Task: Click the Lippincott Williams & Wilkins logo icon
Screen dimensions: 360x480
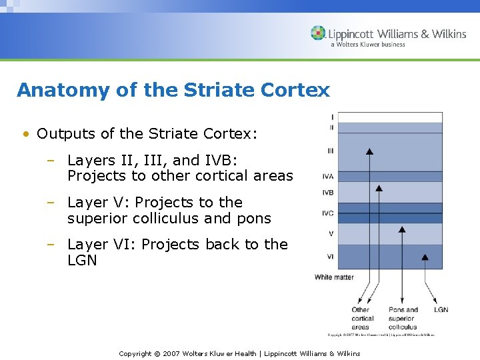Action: coord(319,33)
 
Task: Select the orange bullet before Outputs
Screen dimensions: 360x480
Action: coord(25,134)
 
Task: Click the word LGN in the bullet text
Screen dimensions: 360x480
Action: coord(82,260)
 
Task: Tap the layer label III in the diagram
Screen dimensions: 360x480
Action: coord(331,151)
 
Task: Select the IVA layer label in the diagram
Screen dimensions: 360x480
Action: coord(328,177)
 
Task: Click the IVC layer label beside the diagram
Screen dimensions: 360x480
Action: coord(328,214)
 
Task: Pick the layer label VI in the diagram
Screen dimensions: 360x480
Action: coord(330,256)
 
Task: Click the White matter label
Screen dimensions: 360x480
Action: coord(334,277)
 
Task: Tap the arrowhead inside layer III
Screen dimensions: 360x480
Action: coord(369,153)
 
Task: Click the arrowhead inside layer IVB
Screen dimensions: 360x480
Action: coord(379,188)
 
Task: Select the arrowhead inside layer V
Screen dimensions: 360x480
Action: coord(401,230)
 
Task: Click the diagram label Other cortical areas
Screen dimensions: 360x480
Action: coord(363,318)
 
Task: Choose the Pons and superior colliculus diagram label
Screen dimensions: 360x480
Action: coord(403,318)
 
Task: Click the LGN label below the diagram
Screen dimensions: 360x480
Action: coord(441,309)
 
